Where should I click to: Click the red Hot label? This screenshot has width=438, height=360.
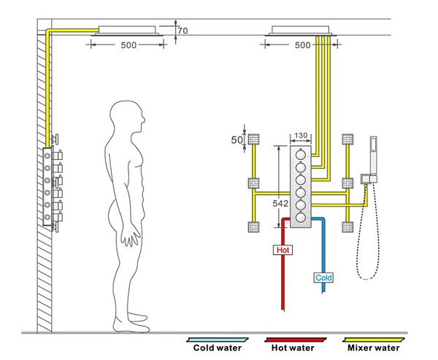pos(283,250)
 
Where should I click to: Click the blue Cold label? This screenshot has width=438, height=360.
pos(323,277)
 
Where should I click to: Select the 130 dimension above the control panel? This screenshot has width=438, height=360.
pos(301,136)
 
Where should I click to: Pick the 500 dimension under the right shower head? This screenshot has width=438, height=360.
pos(301,45)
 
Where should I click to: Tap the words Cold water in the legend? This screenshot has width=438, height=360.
pos(217,348)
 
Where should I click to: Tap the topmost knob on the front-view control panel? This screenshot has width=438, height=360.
pos(301,155)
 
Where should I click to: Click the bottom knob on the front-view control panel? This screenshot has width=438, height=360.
pos(301,216)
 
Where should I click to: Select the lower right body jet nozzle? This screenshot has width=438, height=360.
pos(347,226)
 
